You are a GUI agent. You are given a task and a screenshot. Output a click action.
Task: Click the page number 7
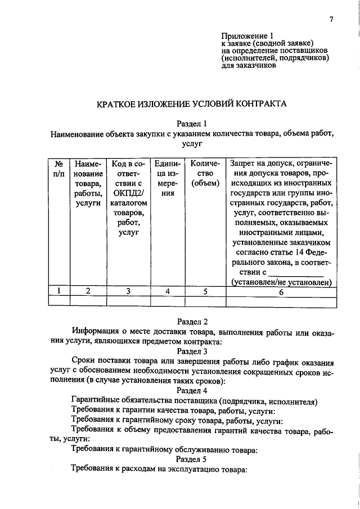point(332,20)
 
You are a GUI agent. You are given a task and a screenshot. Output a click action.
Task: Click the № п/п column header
point(58,168)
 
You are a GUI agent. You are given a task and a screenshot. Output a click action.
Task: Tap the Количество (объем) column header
point(205,173)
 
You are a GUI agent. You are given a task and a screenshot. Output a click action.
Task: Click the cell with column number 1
point(58,291)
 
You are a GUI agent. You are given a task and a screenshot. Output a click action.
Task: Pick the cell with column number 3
point(129,291)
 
